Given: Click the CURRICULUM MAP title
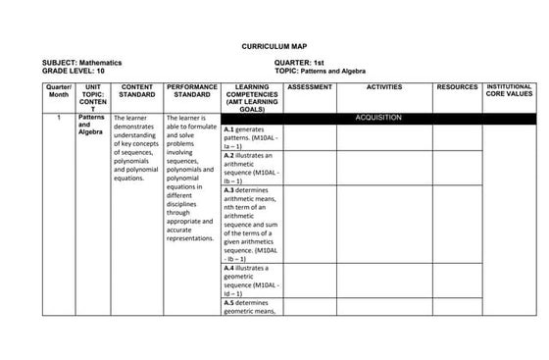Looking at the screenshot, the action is pyautogui.click(x=274, y=45).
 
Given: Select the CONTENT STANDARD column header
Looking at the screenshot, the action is pyautogui.click(x=137, y=91).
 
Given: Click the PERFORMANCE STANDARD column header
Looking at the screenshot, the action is pyautogui.click(x=192, y=91).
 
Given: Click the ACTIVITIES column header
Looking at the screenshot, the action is pyautogui.click(x=384, y=87).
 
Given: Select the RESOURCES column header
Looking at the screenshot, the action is pyautogui.click(x=458, y=87).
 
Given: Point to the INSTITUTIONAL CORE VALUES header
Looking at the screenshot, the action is pyautogui.click(x=510, y=91).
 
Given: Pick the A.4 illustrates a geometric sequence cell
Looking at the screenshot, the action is pyautogui.click(x=252, y=280).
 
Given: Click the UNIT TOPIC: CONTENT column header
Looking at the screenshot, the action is pyautogui.click(x=93, y=98).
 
